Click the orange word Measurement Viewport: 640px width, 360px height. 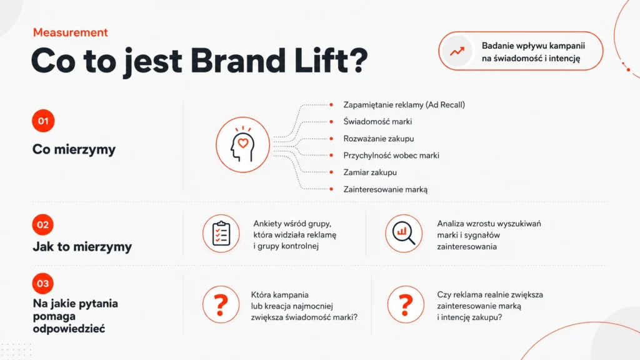point(70,32)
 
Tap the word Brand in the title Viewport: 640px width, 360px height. point(238,61)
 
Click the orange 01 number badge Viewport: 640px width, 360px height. point(43,121)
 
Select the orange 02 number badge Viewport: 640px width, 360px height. point(43,224)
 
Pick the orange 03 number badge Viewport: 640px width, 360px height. point(43,283)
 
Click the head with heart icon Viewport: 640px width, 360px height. point(243,144)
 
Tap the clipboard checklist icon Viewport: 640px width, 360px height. point(221,234)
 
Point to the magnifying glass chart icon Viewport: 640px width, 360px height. point(404,234)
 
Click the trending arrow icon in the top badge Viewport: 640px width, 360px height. point(457,51)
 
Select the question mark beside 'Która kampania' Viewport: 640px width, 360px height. point(221,305)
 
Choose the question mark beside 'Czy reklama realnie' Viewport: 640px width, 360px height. point(406,305)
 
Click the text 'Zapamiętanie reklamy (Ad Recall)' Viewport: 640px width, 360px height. point(404,105)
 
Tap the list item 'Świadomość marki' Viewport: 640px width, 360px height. point(377,122)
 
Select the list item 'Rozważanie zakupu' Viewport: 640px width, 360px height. point(379,139)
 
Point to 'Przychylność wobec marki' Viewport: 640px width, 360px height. point(391,156)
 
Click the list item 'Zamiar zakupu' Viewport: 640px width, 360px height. point(370,172)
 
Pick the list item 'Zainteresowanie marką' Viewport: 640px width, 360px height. point(385,189)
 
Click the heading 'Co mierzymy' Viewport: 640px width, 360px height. point(74,149)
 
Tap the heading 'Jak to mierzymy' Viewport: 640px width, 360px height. point(82,246)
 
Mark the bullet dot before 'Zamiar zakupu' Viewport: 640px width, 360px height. point(331,172)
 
